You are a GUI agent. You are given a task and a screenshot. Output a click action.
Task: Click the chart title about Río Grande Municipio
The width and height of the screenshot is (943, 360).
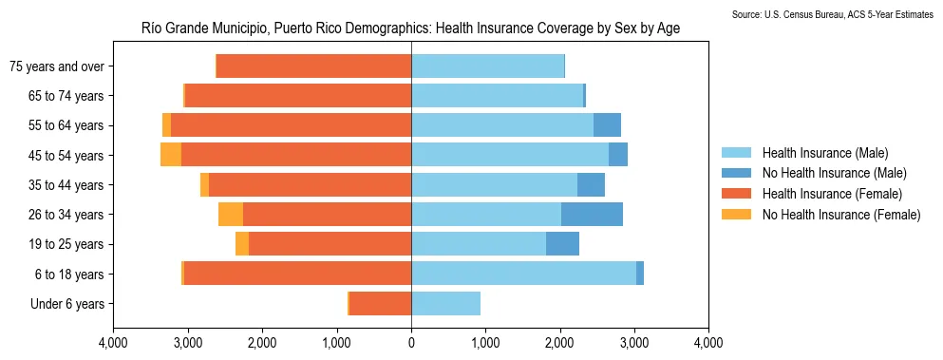coord(410,29)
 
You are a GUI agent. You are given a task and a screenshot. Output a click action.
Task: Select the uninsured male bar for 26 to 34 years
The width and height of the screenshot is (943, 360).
coord(592,215)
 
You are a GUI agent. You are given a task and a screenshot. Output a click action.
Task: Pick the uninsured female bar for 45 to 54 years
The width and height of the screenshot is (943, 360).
coord(171,155)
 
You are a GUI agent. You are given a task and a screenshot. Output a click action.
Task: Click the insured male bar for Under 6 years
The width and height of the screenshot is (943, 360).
coord(445,304)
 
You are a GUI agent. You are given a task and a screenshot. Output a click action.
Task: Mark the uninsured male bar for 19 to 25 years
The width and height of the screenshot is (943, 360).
coord(562,244)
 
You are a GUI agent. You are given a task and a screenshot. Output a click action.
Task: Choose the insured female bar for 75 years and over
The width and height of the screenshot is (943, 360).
coord(313,66)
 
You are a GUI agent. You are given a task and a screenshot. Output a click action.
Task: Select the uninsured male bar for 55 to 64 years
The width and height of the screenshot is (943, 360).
coord(607,125)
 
